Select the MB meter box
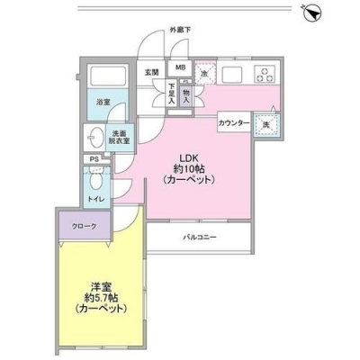(180, 68)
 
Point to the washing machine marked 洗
(265, 123)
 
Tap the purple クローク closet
(87, 228)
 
